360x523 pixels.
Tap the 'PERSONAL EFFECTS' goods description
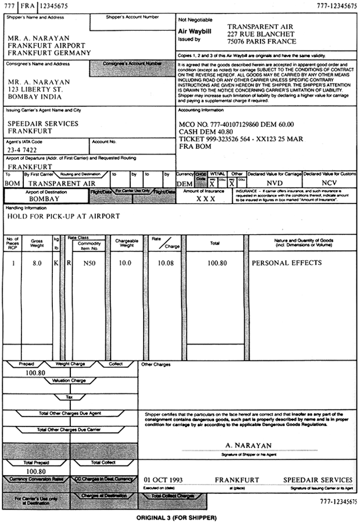[286, 263]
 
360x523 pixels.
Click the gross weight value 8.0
[37, 263]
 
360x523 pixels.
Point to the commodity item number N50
[90, 263]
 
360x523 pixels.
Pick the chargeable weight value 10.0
[124, 263]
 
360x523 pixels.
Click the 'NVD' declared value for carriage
[274, 182]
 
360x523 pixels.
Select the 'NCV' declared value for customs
[329, 182]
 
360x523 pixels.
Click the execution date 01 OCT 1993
[163, 479]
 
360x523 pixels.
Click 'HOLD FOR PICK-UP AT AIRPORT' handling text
[63, 216]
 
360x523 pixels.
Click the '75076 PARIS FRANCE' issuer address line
[261, 41]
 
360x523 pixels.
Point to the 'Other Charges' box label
[156, 364]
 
